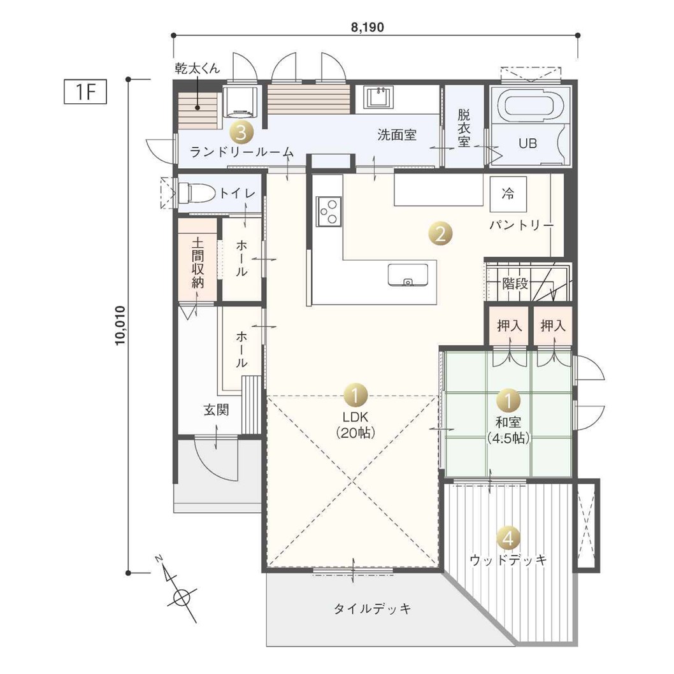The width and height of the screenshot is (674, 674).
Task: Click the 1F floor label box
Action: point(85,92)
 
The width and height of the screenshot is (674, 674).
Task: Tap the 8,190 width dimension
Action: point(368,27)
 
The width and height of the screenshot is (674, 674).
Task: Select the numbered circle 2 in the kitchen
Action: point(441,234)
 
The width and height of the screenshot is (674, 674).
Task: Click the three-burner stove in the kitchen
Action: point(329,212)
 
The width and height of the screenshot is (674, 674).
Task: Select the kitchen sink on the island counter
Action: point(408,275)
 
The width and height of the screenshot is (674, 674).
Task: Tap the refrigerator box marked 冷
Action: point(508,194)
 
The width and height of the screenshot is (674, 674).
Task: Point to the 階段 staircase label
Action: point(515,283)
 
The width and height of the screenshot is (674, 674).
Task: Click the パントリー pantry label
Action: point(521,225)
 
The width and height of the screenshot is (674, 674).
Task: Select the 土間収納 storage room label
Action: point(197,263)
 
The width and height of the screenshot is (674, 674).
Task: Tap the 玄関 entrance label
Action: point(216,410)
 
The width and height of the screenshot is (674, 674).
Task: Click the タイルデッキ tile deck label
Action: point(372,608)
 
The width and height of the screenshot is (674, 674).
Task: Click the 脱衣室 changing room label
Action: point(464,128)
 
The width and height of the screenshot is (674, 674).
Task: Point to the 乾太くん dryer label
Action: point(197,68)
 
